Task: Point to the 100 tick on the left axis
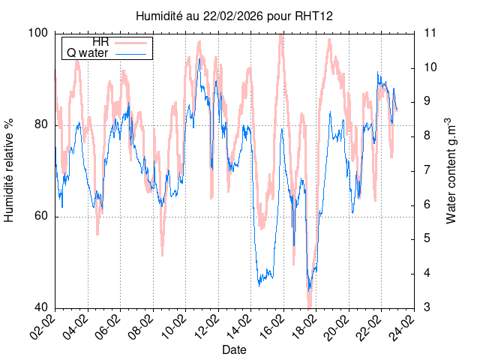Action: coord(38,33)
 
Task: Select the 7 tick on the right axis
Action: coord(427,170)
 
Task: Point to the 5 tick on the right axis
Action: coord(427,239)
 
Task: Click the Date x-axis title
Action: coord(234,349)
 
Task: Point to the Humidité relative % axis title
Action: coord(10,170)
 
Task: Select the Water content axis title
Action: coord(451,170)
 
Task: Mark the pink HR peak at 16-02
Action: coord(281,36)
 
